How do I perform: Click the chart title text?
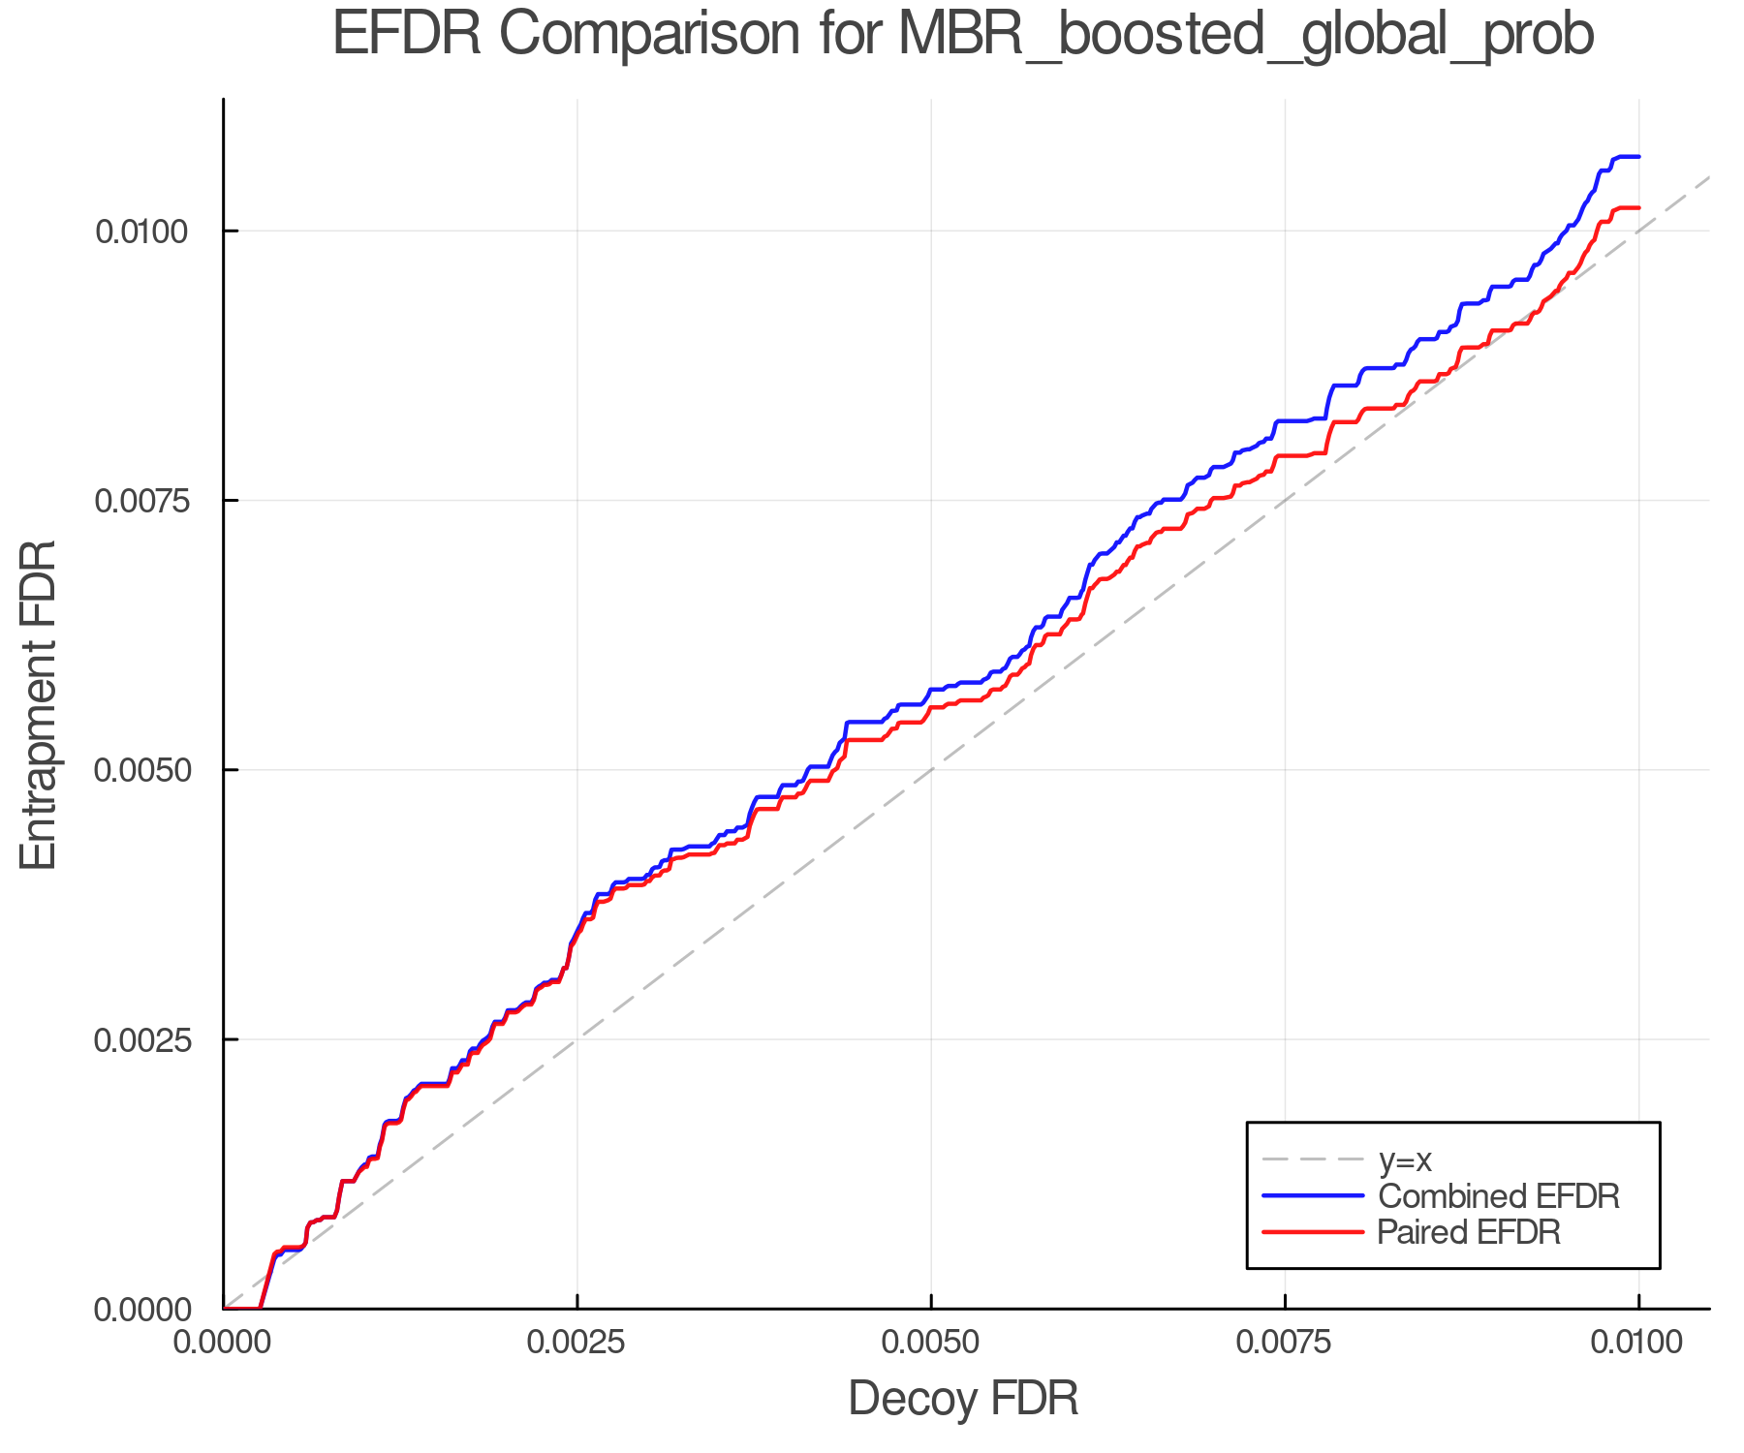pos(963,35)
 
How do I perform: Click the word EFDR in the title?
pos(406,35)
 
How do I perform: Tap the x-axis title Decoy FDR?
pos(963,1399)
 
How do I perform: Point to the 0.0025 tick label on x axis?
pos(577,1343)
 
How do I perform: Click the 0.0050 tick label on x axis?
pos(931,1343)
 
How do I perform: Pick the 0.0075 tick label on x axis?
pos(1285,1343)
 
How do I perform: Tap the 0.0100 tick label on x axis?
pos(1638,1343)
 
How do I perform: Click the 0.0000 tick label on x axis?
pos(224,1343)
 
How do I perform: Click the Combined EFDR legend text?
pos(1498,1196)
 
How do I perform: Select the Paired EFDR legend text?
pos(1469,1232)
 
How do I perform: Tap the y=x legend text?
pos(1405,1159)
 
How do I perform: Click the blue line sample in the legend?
pos(1313,1196)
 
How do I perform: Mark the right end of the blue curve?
pos(1638,157)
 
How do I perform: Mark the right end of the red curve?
pos(1638,208)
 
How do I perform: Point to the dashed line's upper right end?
pos(1708,177)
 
